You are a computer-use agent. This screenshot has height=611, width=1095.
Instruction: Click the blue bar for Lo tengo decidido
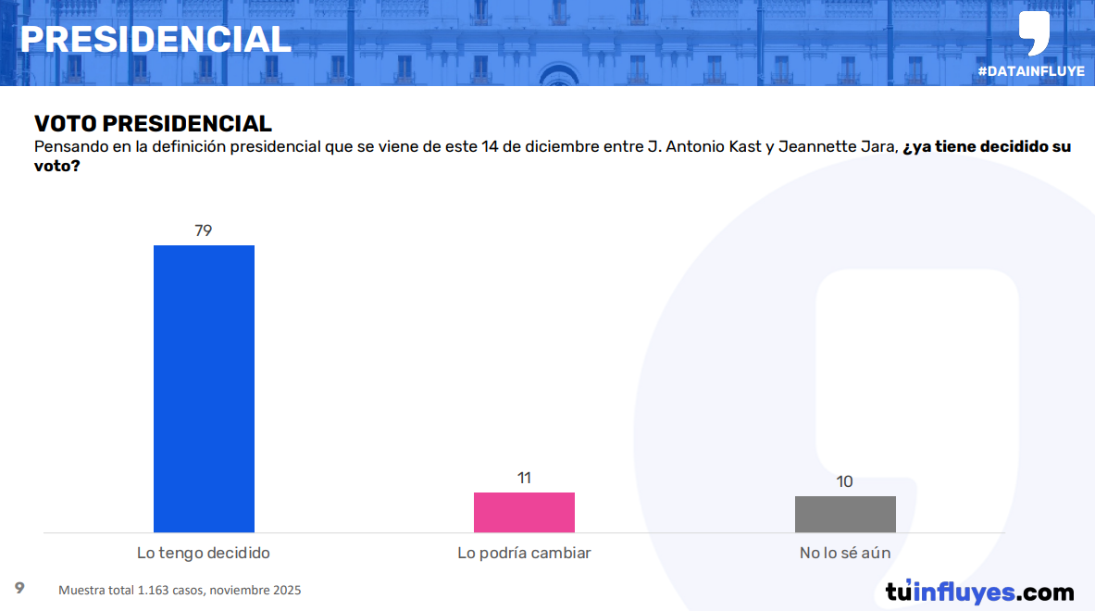pyautogui.click(x=204, y=389)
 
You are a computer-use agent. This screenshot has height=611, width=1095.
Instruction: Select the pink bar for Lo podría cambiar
pyautogui.click(x=524, y=512)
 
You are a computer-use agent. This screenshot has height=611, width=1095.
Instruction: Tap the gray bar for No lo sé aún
pyautogui.click(x=845, y=514)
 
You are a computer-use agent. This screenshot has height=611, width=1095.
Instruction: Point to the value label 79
pyautogui.click(x=204, y=231)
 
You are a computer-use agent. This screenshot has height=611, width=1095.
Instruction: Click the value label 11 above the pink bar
pyautogui.click(x=524, y=478)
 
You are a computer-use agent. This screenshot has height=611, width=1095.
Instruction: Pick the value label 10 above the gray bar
pyautogui.click(x=844, y=481)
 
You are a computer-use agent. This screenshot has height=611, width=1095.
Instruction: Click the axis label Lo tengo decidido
pyautogui.click(x=204, y=554)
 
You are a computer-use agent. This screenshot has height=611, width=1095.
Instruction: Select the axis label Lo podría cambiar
pyautogui.click(x=524, y=554)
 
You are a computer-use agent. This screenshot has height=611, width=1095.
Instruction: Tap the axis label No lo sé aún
pyautogui.click(x=845, y=554)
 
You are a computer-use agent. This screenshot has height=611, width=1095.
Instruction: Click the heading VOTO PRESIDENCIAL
pyautogui.click(x=153, y=124)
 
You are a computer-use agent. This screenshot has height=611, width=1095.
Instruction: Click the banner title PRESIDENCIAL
pyautogui.click(x=156, y=39)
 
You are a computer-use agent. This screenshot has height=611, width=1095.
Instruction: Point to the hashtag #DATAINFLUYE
pyautogui.click(x=1030, y=71)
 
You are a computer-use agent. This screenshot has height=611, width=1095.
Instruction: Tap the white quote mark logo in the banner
pyautogui.click(x=1034, y=32)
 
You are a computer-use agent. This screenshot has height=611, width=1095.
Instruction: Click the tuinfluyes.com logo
pyautogui.click(x=979, y=592)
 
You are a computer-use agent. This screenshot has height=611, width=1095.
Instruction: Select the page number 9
pyautogui.click(x=19, y=588)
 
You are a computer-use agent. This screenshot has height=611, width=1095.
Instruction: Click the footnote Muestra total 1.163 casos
pyautogui.click(x=180, y=591)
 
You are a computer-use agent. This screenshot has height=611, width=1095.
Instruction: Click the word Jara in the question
pyautogui.click(x=880, y=147)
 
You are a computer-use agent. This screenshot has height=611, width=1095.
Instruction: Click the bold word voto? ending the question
pyautogui.click(x=56, y=168)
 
